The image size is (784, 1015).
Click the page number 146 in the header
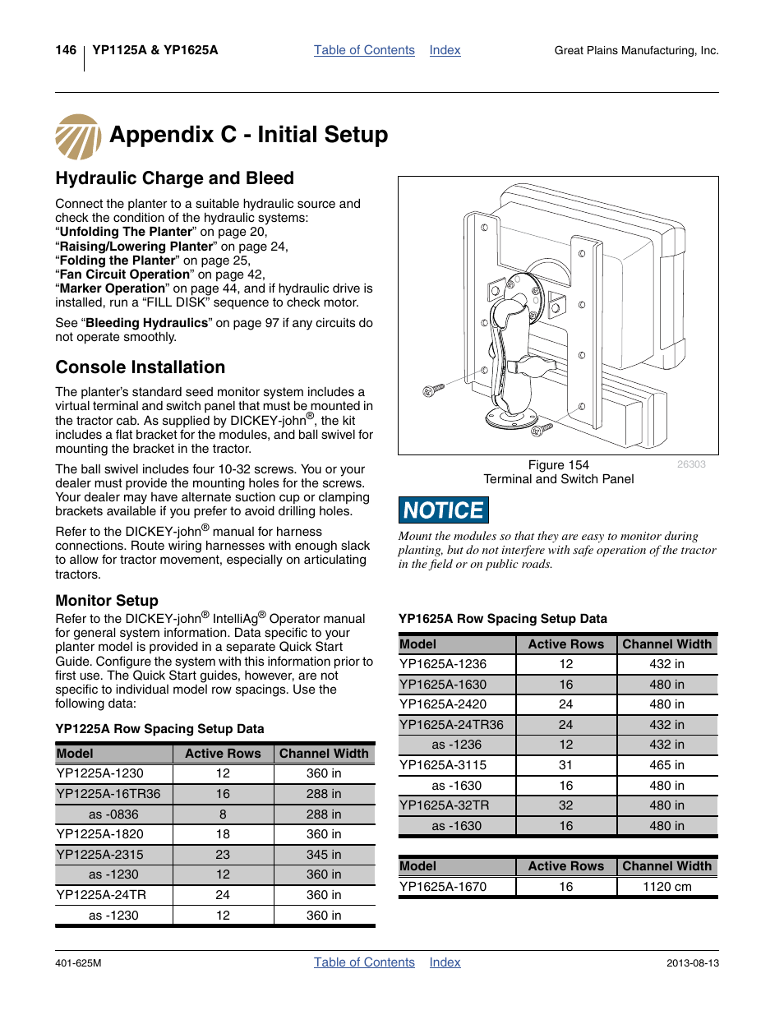click(x=66, y=50)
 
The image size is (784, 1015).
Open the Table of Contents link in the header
click(x=364, y=50)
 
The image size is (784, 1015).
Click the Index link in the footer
click(x=445, y=962)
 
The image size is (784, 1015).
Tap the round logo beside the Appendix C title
click(x=78, y=136)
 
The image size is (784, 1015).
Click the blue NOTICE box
click(x=444, y=510)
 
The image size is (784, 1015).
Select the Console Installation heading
click(x=140, y=367)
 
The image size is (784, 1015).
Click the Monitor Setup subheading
click(x=107, y=601)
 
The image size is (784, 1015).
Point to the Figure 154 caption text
click(x=559, y=465)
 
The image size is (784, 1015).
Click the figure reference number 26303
click(x=691, y=464)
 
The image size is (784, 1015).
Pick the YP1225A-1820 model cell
click(x=99, y=834)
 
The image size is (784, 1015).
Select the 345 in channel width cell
click(x=324, y=855)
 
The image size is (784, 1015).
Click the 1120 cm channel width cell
click(x=666, y=887)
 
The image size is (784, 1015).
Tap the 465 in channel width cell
click(x=666, y=765)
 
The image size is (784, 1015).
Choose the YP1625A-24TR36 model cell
click(x=451, y=725)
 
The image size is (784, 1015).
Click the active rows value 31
click(x=566, y=765)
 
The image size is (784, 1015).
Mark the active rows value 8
click(x=223, y=814)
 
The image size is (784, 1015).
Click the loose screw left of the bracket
click(x=433, y=390)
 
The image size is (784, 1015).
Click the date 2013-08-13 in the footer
click(x=692, y=963)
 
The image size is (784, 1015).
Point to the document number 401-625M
click(x=78, y=963)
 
